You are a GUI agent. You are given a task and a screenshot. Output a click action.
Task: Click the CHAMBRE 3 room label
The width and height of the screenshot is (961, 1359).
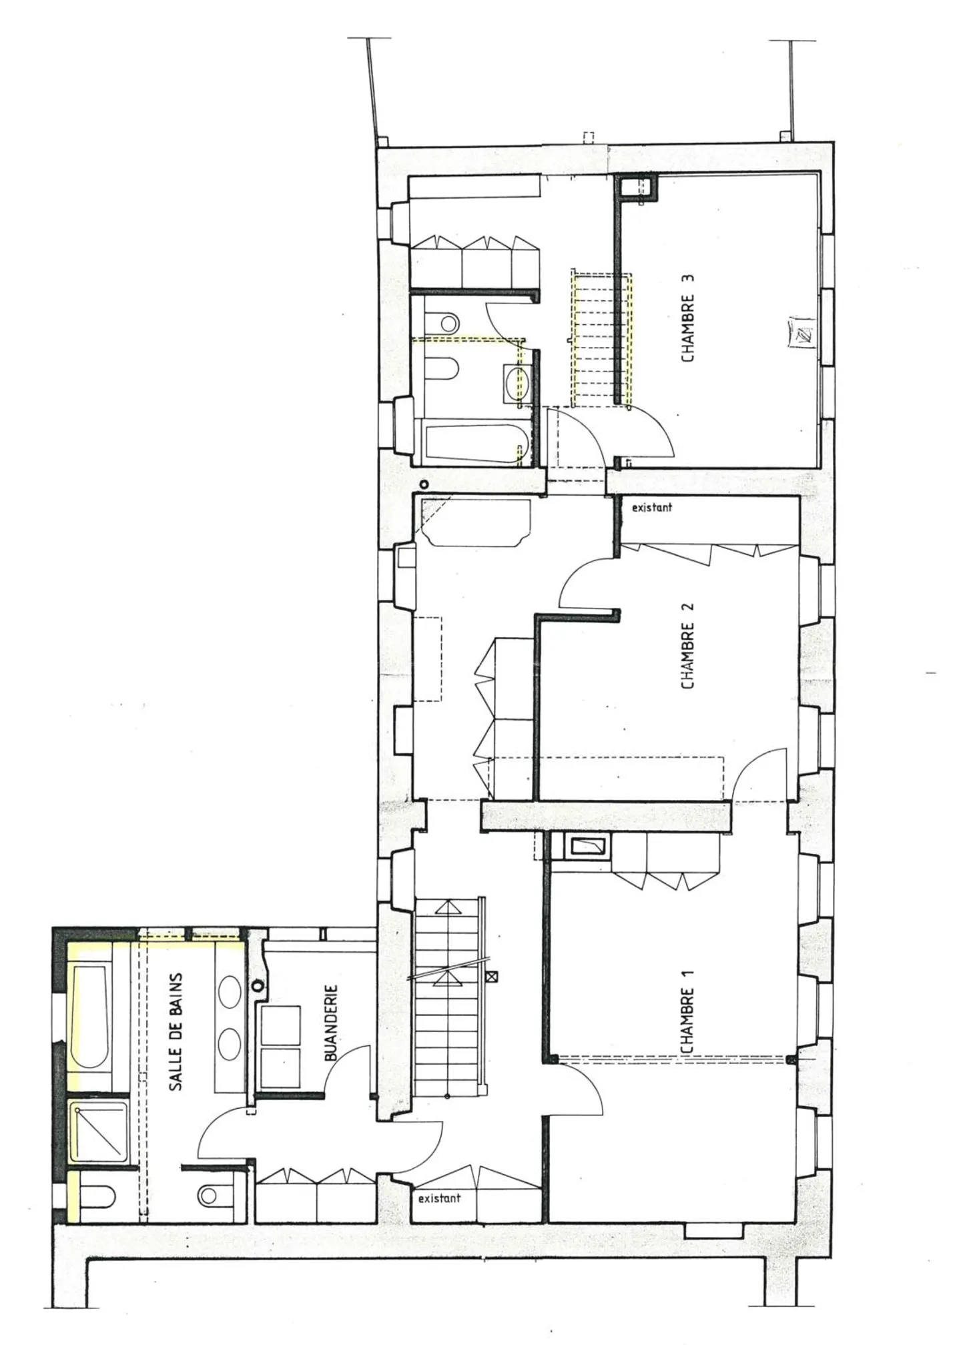pos(688,318)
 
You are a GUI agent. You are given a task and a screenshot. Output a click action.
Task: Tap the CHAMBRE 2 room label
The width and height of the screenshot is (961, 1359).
pos(688,646)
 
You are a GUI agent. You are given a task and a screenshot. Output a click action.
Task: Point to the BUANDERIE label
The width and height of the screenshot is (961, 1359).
pos(332,1023)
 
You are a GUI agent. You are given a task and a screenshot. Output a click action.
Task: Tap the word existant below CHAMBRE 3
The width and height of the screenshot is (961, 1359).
pos(652,508)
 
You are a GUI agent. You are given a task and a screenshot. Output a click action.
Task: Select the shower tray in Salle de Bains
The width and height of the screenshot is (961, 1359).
pos(99,1131)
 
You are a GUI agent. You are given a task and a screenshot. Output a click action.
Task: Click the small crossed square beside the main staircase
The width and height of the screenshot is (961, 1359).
pos(493,975)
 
